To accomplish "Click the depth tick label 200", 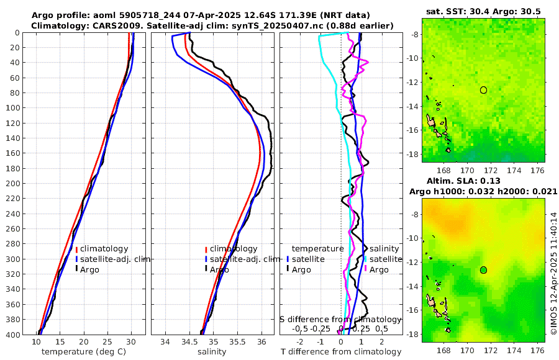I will pos(12,184).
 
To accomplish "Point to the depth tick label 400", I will pos(12,335).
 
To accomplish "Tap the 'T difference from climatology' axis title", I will pos(340,352).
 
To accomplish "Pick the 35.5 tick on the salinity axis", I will pos(237,341).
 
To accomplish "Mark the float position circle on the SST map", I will pos(484,90).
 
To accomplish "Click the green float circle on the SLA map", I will pos(484,270).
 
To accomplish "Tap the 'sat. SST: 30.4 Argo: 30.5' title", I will pos(483,11).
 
